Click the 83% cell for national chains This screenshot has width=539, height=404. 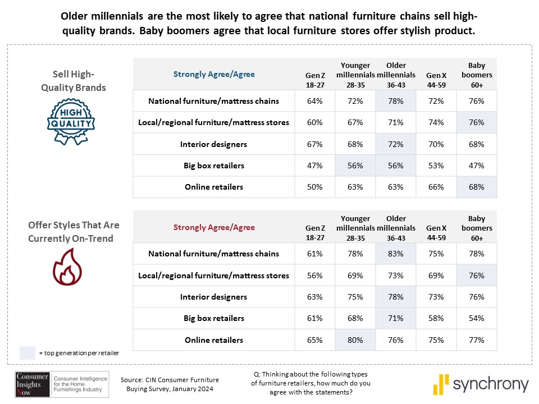click(x=396, y=254)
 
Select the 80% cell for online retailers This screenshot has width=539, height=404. click(x=355, y=340)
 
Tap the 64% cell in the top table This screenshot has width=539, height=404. click(x=314, y=101)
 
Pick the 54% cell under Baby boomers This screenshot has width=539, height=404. click(x=476, y=318)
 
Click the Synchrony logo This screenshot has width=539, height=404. click(x=481, y=385)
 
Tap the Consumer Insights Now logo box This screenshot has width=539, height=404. click(x=33, y=384)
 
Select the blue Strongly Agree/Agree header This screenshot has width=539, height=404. click(x=213, y=74)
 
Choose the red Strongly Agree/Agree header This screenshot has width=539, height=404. click(x=213, y=227)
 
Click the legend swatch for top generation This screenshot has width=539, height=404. click(x=27, y=353)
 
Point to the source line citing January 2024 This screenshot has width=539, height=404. click(x=170, y=384)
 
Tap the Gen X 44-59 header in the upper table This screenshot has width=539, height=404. click(x=436, y=79)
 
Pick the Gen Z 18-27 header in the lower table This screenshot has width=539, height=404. click(x=314, y=233)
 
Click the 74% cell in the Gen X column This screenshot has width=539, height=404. click(x=436, y=122)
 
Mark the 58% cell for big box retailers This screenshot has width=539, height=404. click(x=436, y=318)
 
